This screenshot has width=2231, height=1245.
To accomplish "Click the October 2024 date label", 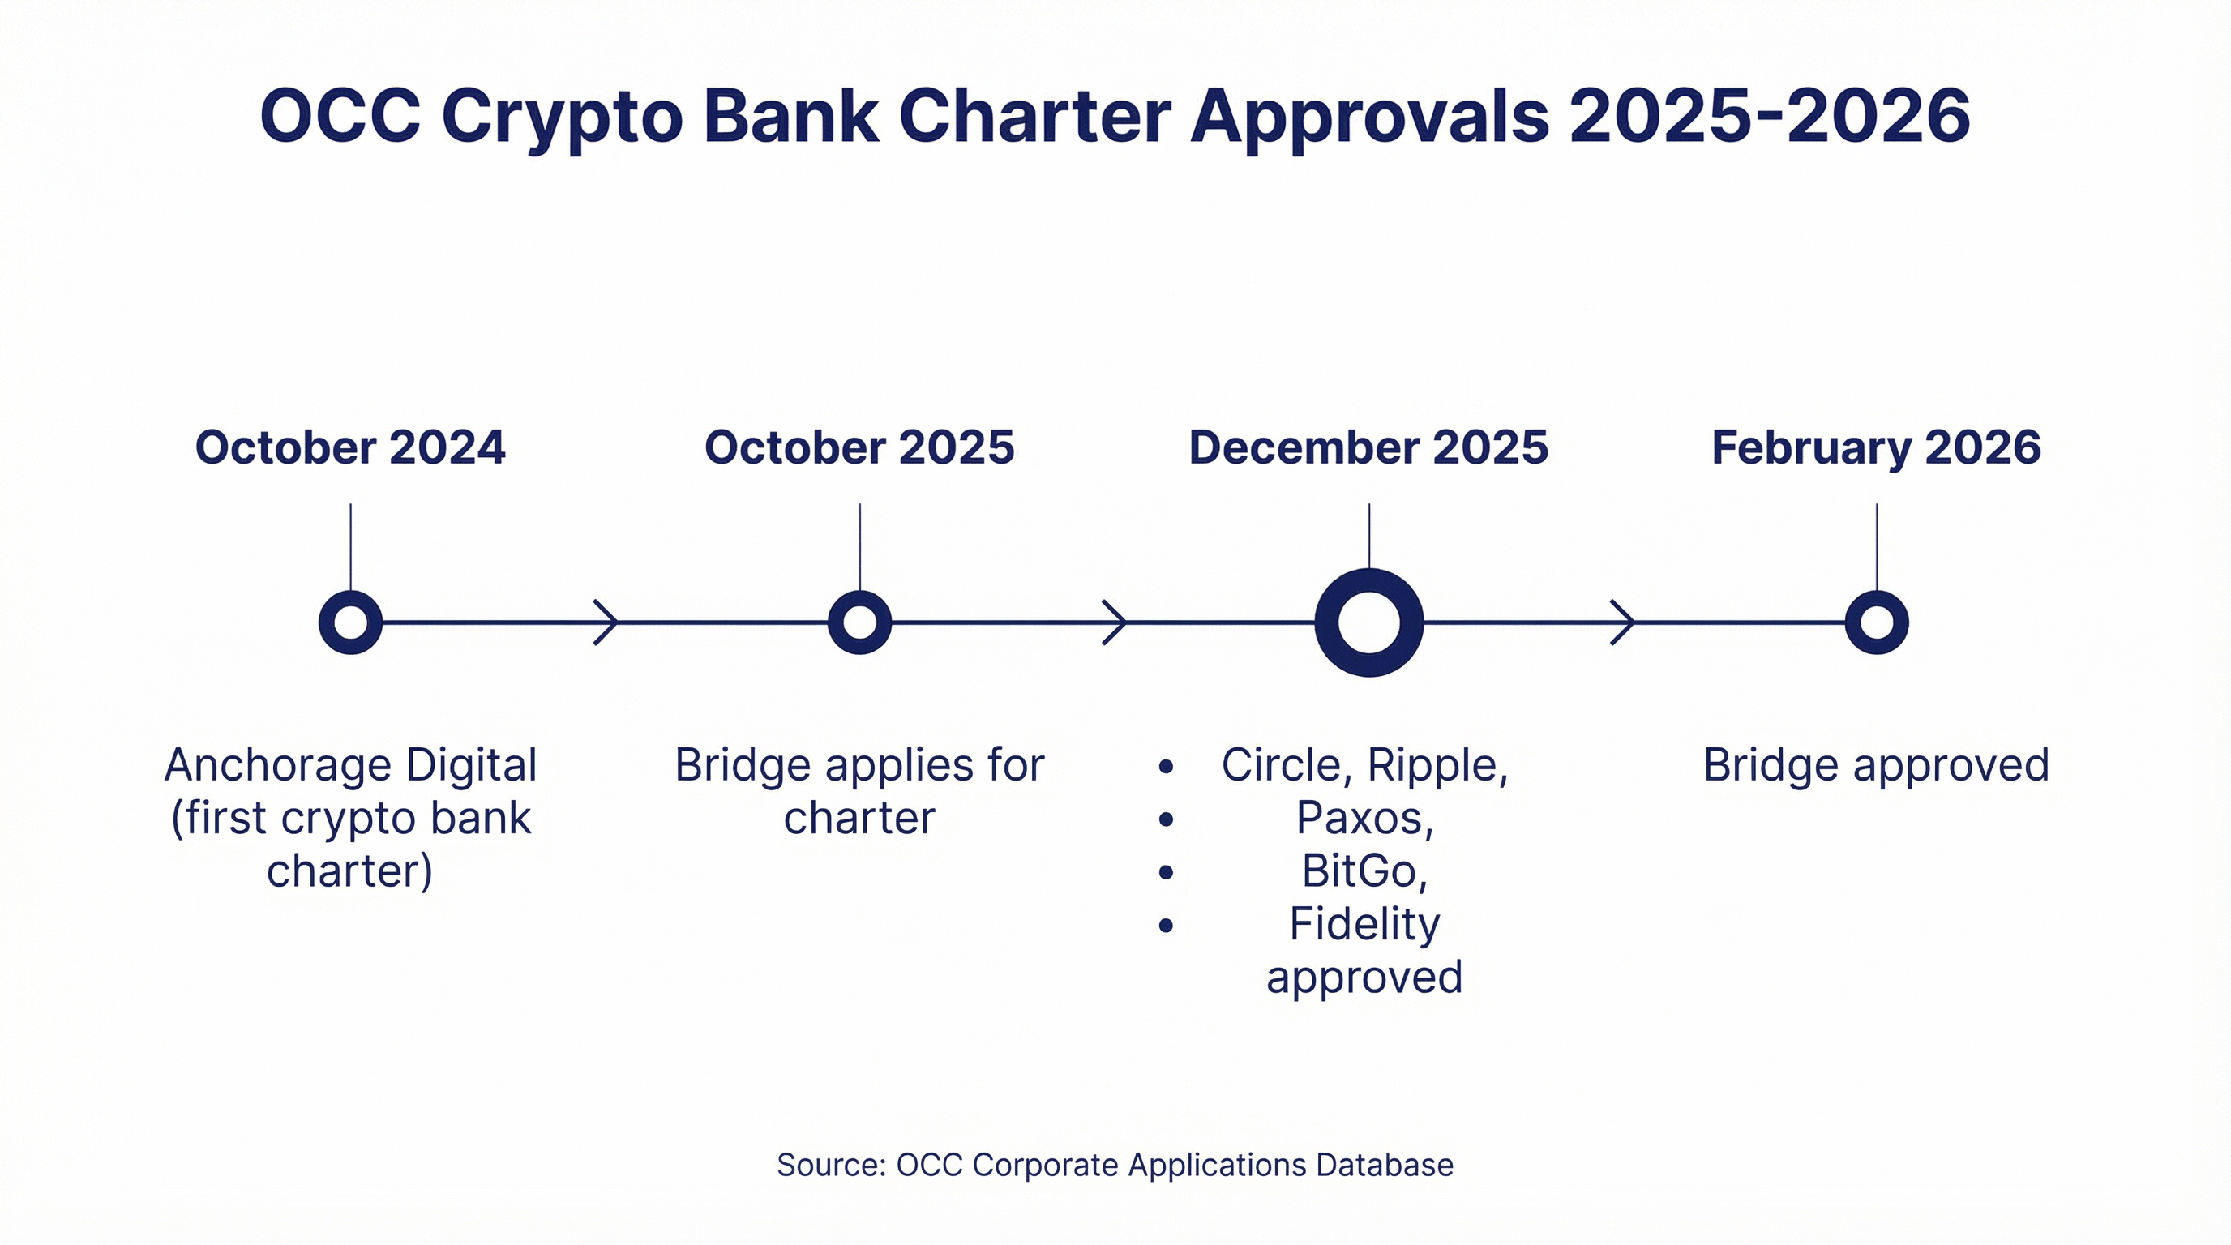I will [x=350, y=447].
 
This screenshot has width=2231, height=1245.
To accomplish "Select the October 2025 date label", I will [x=859, y=447].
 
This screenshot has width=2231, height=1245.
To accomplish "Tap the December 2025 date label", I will [x=1368, y=447].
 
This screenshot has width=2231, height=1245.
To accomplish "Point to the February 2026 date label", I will [x=1876, y=447].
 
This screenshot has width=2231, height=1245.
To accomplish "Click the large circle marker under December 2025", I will [x=1368, y=622].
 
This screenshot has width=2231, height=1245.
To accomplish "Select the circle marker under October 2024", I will [x=350, y=622].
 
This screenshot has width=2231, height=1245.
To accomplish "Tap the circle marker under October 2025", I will [x=859, y=622].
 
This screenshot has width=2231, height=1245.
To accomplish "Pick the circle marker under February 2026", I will [x=1876, y=622].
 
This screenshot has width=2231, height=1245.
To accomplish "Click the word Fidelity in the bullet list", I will [x=1364, y=924].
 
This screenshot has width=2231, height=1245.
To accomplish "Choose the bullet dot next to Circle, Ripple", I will [x=1166, y=766].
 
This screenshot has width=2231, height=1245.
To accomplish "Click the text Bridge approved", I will [x=1876, y=765].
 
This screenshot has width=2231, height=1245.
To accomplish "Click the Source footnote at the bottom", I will [x=1115, y=1166].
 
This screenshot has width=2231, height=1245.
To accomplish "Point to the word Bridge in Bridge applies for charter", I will [x=743, y=765].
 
